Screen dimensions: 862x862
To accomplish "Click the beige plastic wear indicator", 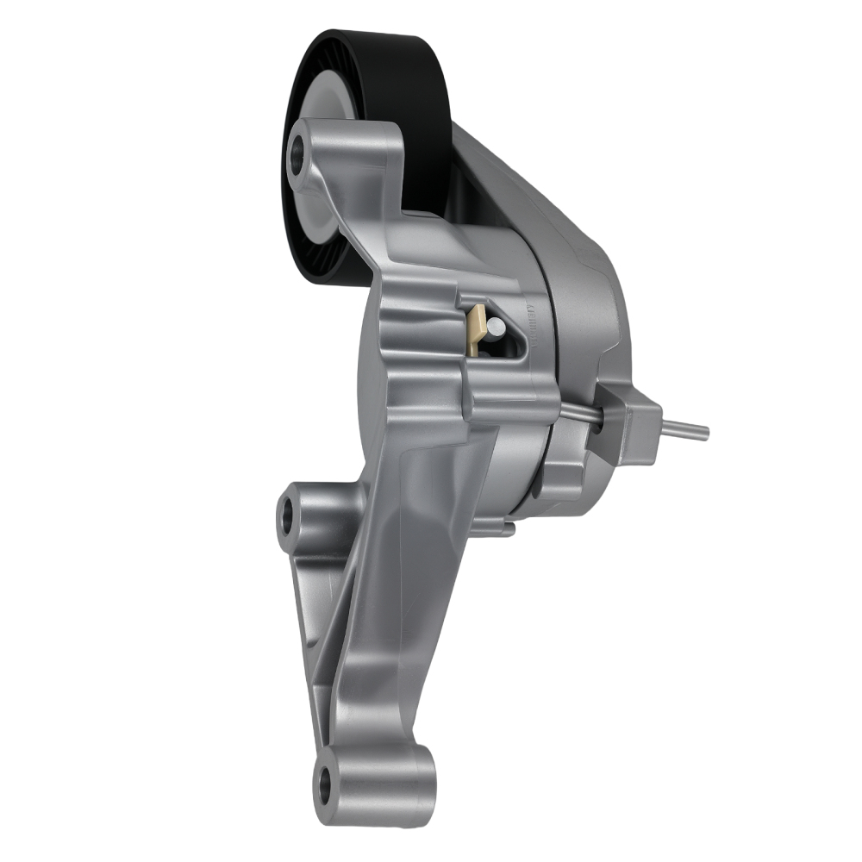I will [475, 327].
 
